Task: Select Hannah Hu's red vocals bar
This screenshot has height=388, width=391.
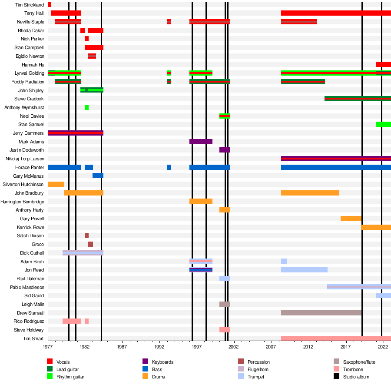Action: [383, 64]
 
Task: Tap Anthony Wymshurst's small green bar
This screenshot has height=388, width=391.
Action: [86, 107]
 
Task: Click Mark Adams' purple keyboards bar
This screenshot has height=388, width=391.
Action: [201, 142]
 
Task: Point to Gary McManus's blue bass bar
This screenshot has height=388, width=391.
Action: [98, 176]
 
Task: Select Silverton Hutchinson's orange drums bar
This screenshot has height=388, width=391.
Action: [56, 184]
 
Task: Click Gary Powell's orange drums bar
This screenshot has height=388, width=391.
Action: [351, 219]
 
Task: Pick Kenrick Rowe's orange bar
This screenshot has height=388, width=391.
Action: [376, 227]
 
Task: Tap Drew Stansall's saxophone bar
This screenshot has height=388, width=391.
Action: [321, 313]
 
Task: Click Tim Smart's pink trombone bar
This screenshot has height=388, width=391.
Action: [336, 338]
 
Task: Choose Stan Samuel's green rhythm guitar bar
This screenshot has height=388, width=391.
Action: [383, 124]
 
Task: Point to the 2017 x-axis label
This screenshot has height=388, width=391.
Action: [346, 347]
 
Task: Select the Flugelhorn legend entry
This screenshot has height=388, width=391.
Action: [258, 370]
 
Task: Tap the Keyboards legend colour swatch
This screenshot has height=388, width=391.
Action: [146, 362]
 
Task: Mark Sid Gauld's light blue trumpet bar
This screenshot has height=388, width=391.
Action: [383, 295]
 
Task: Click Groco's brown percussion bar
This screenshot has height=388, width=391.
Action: [90, 244]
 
